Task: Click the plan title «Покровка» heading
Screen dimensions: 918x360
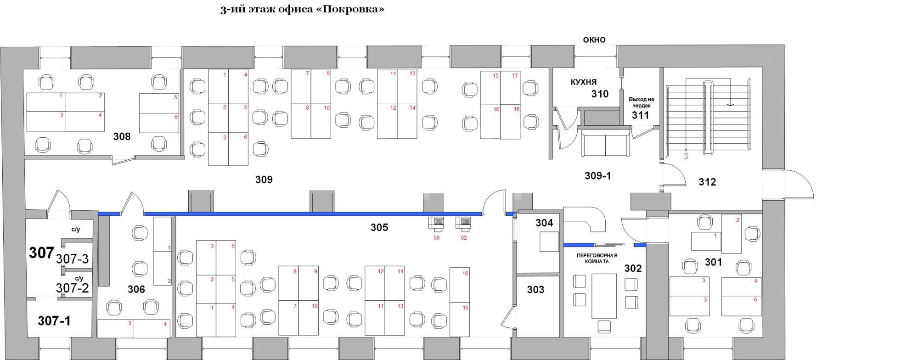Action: (x=302, y=9)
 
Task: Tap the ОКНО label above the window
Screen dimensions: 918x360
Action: (x=594, y=40)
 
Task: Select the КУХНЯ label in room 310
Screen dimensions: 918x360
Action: (x=584, y=82)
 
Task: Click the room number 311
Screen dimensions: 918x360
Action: (x=640, y=115)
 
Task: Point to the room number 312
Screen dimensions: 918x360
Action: (x=707, y=182)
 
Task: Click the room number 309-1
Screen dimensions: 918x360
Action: (x=597, y=176)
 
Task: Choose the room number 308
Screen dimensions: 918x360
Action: (x=122, y=136)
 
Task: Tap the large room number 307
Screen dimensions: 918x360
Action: (x=41, y=253)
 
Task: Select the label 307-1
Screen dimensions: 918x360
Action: (x=54, y=321)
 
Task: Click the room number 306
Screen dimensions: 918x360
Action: (x=136, y=289)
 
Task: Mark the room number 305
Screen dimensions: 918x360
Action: (x=379, y=227)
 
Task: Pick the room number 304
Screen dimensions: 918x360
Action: (x=544, y=223)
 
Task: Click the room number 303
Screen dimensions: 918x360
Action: (x=535, y=290)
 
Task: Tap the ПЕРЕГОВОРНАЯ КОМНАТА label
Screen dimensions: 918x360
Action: (x=597, y=259)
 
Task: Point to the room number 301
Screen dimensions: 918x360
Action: (x=713, y=262)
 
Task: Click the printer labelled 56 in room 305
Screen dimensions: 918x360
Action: (x=436, y=223)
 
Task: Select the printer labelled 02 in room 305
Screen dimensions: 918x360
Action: (x=463, y=223)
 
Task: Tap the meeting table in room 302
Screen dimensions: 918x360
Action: (x=604, y=296)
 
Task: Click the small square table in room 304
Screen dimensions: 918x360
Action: (x=549, y=242)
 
